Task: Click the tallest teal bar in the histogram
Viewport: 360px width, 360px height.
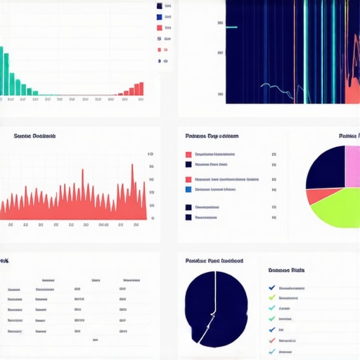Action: click(2, 70)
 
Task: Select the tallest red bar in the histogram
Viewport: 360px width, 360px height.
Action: click(141, 89)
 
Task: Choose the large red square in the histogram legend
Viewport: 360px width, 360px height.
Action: click(160, 28)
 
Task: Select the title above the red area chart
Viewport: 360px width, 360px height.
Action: click(34, 136)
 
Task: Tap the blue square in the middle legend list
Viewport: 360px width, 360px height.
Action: click(188, 189)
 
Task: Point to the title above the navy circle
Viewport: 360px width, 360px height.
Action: click(214, 260)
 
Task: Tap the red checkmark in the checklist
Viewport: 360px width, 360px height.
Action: click(272, 340)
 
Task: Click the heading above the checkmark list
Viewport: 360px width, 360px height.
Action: click(287, 270)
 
